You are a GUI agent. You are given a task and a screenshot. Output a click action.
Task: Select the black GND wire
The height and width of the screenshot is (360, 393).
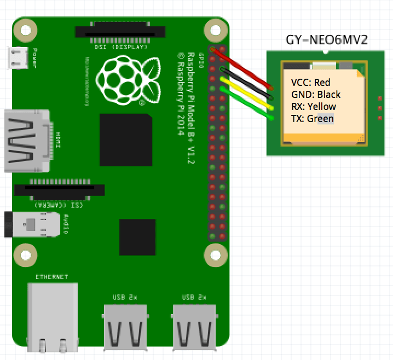click(x=246, y=83)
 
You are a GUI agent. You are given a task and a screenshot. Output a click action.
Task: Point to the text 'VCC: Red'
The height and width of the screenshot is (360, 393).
click(x=311, y=83)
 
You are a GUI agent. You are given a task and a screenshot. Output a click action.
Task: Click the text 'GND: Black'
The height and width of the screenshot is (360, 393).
click(x=316, y=95)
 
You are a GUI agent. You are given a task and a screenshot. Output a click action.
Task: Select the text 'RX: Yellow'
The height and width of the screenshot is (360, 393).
click(x=314, y=107)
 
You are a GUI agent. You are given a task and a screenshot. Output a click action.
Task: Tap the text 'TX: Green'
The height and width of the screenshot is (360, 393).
click(x=313, y=119)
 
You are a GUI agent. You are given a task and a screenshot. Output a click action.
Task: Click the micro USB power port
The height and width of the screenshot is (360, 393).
click(x=18, y=57)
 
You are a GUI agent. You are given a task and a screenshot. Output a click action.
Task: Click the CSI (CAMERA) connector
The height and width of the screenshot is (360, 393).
click(x=60, y=190)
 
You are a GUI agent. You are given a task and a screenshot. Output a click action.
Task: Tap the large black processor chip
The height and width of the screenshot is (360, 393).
click(x=125, y=140)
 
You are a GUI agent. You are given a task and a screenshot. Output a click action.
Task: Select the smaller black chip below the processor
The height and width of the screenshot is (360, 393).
click(x=137, y=237)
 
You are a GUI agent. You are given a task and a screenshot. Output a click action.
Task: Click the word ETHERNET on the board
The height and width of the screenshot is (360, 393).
click(x=51, y=277)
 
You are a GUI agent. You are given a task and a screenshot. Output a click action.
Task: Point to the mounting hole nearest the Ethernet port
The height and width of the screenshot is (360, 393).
click(x=25, y=253)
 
